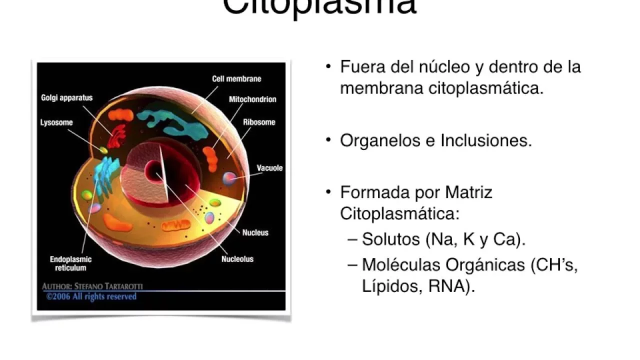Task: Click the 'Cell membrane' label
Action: click(236, 78)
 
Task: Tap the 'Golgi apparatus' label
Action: click(66, 98)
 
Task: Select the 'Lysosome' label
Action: click(56, 122)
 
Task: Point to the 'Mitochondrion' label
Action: click(252, 99)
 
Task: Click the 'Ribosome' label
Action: click(259, 122)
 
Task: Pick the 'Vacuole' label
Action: click(269, 168)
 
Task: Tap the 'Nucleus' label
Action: click(255, 232)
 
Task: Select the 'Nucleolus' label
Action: click(237, 259)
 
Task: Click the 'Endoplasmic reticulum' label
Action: click(70, 263)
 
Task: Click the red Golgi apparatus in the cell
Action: click(118, 136)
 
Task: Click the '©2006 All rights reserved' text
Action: click(91, 296)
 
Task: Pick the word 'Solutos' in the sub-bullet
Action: click(390, 239)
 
